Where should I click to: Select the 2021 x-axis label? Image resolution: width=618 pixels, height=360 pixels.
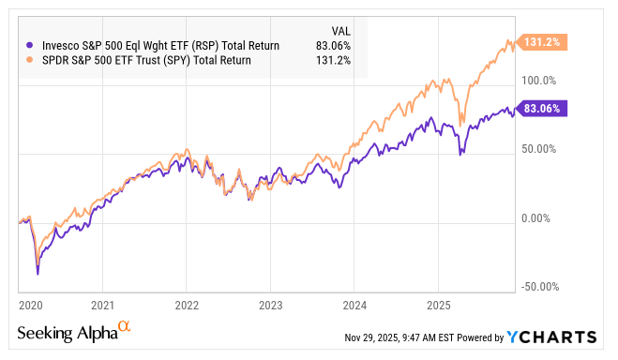102,305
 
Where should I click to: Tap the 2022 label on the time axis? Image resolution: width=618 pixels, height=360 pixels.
186,305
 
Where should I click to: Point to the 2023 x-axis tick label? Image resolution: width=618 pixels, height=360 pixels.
270,305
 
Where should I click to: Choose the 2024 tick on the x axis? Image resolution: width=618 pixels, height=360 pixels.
354,305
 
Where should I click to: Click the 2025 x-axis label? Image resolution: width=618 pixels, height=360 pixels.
437,305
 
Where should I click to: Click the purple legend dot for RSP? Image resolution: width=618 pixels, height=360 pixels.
30,43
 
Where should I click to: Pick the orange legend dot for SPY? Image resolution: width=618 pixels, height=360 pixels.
30,59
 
